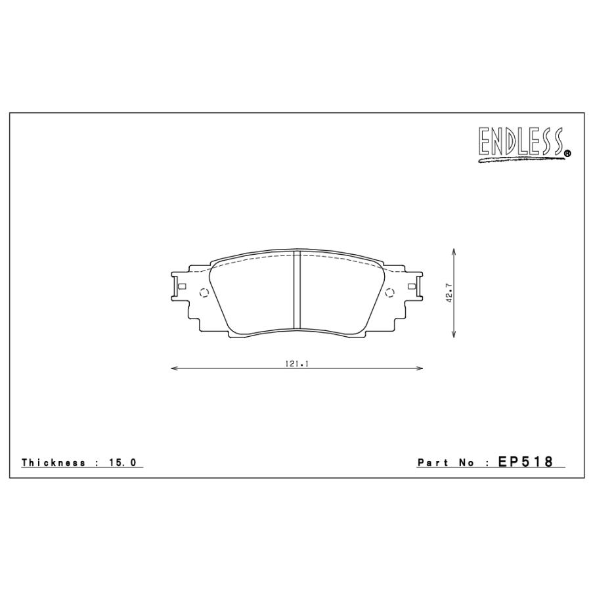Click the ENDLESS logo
(x=521, y=142)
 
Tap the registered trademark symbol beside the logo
(x=567, y=154)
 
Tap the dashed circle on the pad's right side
(x=389, y=293)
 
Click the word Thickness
(x=53, y=463)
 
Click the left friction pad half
(x=253, y=292)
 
